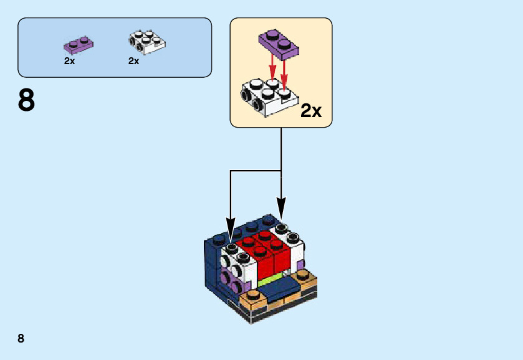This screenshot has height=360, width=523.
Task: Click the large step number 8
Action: click(x=27, y=100)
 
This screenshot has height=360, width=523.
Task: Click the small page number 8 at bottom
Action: click(x=21, y=338)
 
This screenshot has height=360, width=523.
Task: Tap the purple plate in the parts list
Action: click(x=79, y=44)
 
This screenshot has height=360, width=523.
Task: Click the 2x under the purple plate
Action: click(x=69, y=61)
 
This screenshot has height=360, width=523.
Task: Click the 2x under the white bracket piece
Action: click(x=133, y=61)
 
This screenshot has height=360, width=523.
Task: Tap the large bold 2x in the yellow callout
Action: click(x=311, y=111)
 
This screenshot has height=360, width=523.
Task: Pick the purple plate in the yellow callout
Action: click(x=278, y=42)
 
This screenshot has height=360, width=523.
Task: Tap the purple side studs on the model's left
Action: click(x=230, y=281)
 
